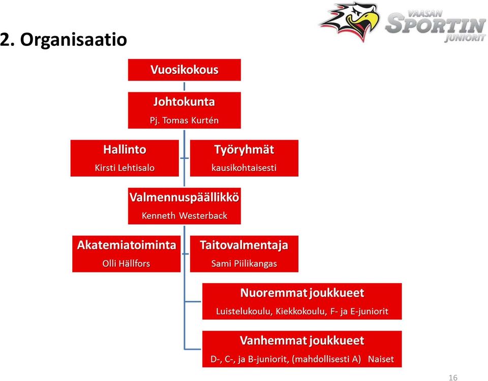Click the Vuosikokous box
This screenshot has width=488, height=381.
[x=184, y=70]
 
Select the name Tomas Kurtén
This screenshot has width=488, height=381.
[x=191, y=120]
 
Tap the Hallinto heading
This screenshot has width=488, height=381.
[x=125, y=150]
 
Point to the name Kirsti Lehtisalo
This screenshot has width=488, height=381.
[x=125, y=168]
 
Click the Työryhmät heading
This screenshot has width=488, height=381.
[x=245, y=150]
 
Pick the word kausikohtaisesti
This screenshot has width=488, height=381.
[x=244, y=168]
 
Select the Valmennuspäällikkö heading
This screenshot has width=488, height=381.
[x=184, y=197]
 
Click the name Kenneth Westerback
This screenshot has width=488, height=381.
[x=184, y=215]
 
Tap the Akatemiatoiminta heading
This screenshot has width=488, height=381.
[x=127, y=245]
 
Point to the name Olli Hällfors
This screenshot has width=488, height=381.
[x=126, y=263]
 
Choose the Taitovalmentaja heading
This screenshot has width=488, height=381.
[x=244, y=246]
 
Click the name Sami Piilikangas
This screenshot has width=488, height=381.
[x=244, y=264]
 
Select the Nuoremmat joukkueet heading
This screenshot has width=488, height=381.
[x=302, y=293]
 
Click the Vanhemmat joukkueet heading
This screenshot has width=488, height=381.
[x=302, y=340]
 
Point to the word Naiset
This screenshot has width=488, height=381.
[x=381, y=359]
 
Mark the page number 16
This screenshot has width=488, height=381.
[x=453, y=377]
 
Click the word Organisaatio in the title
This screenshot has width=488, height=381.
[x=73, y=40]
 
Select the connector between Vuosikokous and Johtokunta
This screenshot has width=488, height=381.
[x=184, y=87]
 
